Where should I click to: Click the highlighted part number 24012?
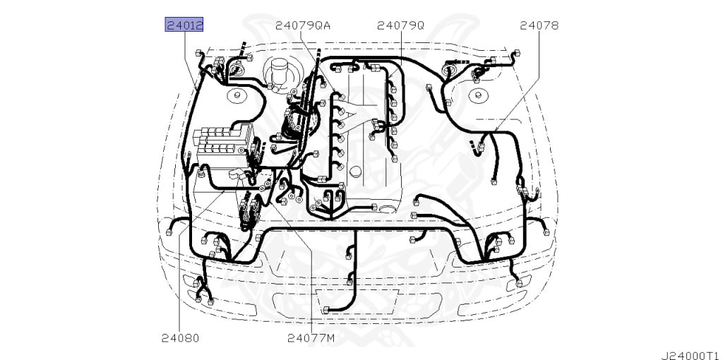tap(184, 25)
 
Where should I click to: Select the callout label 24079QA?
tap(303, 25)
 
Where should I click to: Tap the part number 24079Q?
tap(400, 25)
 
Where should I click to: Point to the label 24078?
tap(539, 25)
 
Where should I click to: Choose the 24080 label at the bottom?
tap(180, 338)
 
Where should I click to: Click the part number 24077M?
tap(311, 338)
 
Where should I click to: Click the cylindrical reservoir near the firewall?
tap(280, 72)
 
